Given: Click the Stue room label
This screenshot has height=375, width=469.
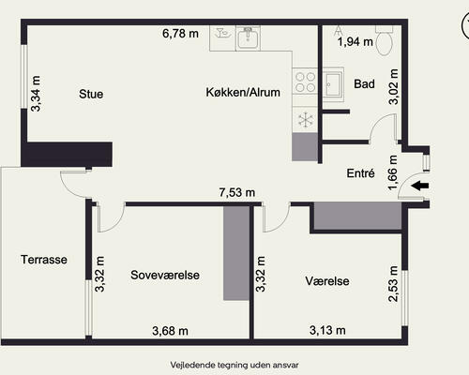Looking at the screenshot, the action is tap(91, 94).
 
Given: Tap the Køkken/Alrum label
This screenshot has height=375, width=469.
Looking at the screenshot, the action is tap(243, 92).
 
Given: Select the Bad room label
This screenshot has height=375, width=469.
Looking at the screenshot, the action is tap(364, 83).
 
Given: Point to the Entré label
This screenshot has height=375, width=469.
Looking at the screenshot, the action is tap(360, 172).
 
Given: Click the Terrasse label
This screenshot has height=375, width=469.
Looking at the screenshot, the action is tap(44, 260).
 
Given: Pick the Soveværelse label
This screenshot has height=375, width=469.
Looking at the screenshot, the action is tap(165, 275).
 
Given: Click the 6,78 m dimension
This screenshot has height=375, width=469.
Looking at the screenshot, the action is tap(180, 34).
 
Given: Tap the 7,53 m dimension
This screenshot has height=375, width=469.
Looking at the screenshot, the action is tap(237, 192).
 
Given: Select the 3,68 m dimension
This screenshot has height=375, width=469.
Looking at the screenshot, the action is tap(170, 331).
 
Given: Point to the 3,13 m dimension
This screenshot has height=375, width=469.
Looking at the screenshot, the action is tap(327, 330).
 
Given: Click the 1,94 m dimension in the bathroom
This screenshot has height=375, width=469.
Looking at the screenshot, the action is tap(356, 41).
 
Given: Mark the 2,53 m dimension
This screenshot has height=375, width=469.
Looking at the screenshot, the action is tap(393, 284).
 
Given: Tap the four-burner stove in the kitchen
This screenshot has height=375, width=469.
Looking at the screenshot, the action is tap(305, 82).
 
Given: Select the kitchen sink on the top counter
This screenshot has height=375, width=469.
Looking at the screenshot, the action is tap(248, 38).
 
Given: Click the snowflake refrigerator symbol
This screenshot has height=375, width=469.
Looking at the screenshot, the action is tap(305, 120).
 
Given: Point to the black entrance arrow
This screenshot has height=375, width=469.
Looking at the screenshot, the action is tap(420, 186).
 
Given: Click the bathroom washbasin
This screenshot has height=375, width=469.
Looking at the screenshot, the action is tap(333, 84).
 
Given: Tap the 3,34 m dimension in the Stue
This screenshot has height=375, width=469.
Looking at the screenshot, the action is tap(36, 94).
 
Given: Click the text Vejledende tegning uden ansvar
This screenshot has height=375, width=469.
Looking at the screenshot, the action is tap(234, 365).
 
